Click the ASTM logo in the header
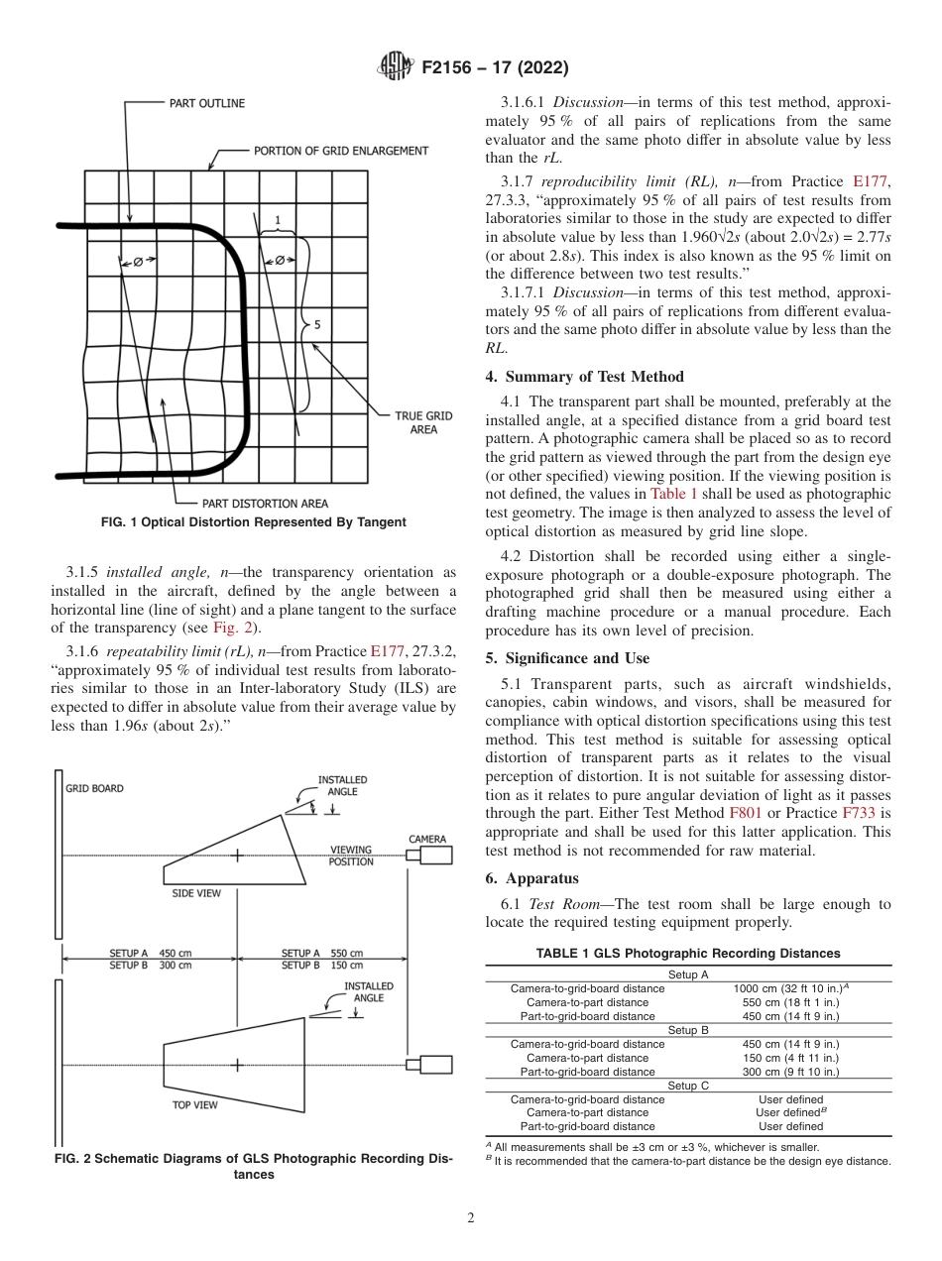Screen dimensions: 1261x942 (397, 68)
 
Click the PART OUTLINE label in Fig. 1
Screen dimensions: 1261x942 (206, 103)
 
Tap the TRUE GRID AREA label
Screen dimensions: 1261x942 (423, 423)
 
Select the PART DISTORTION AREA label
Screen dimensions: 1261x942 (265, 504)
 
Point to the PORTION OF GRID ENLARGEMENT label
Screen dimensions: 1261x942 (341, 152)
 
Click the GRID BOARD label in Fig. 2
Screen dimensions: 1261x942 (94, 789)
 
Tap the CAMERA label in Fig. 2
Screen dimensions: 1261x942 (427, 839)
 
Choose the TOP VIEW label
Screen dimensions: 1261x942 (195, 1104)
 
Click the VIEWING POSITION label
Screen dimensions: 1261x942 (351, 856)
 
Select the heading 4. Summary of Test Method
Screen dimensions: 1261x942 (584, 377)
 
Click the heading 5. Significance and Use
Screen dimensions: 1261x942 (567, 658)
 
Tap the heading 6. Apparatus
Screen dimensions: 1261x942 (531, 878)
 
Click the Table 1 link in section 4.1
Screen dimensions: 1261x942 (674, 493)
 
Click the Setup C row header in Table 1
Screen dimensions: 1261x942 (688, 1086)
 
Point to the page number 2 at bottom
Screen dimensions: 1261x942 (471, 1218)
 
